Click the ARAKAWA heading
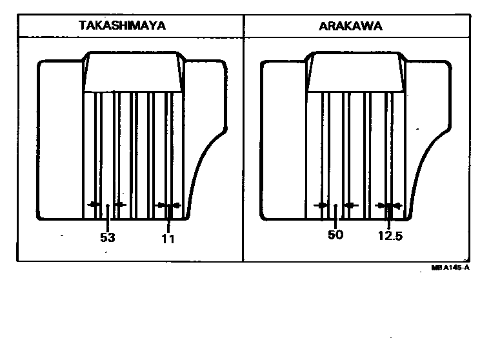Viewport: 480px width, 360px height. point(350,26)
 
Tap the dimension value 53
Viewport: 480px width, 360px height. point(107,237)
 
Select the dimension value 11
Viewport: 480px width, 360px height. point(168,238)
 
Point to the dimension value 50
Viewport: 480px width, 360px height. point(335,235)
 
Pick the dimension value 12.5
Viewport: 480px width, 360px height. point(389,236)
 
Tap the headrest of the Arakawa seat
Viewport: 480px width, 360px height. point(357,72)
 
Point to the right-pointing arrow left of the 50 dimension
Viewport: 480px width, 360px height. point(320,205)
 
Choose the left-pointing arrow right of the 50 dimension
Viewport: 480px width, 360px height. point(351,205)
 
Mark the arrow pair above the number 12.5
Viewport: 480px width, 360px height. point(390,205)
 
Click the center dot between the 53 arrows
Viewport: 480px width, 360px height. point(106,205)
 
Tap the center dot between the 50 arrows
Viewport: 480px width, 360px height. point(336,205)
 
